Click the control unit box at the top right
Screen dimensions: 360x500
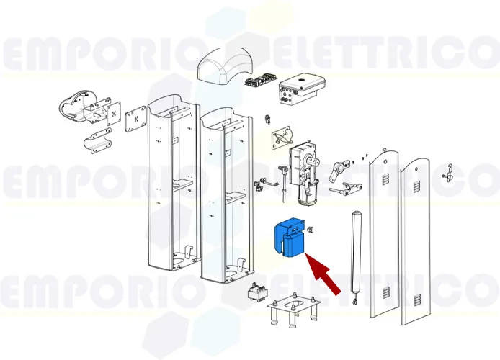click(x=301, y=89)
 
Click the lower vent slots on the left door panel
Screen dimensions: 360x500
click(x=385, y=292)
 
